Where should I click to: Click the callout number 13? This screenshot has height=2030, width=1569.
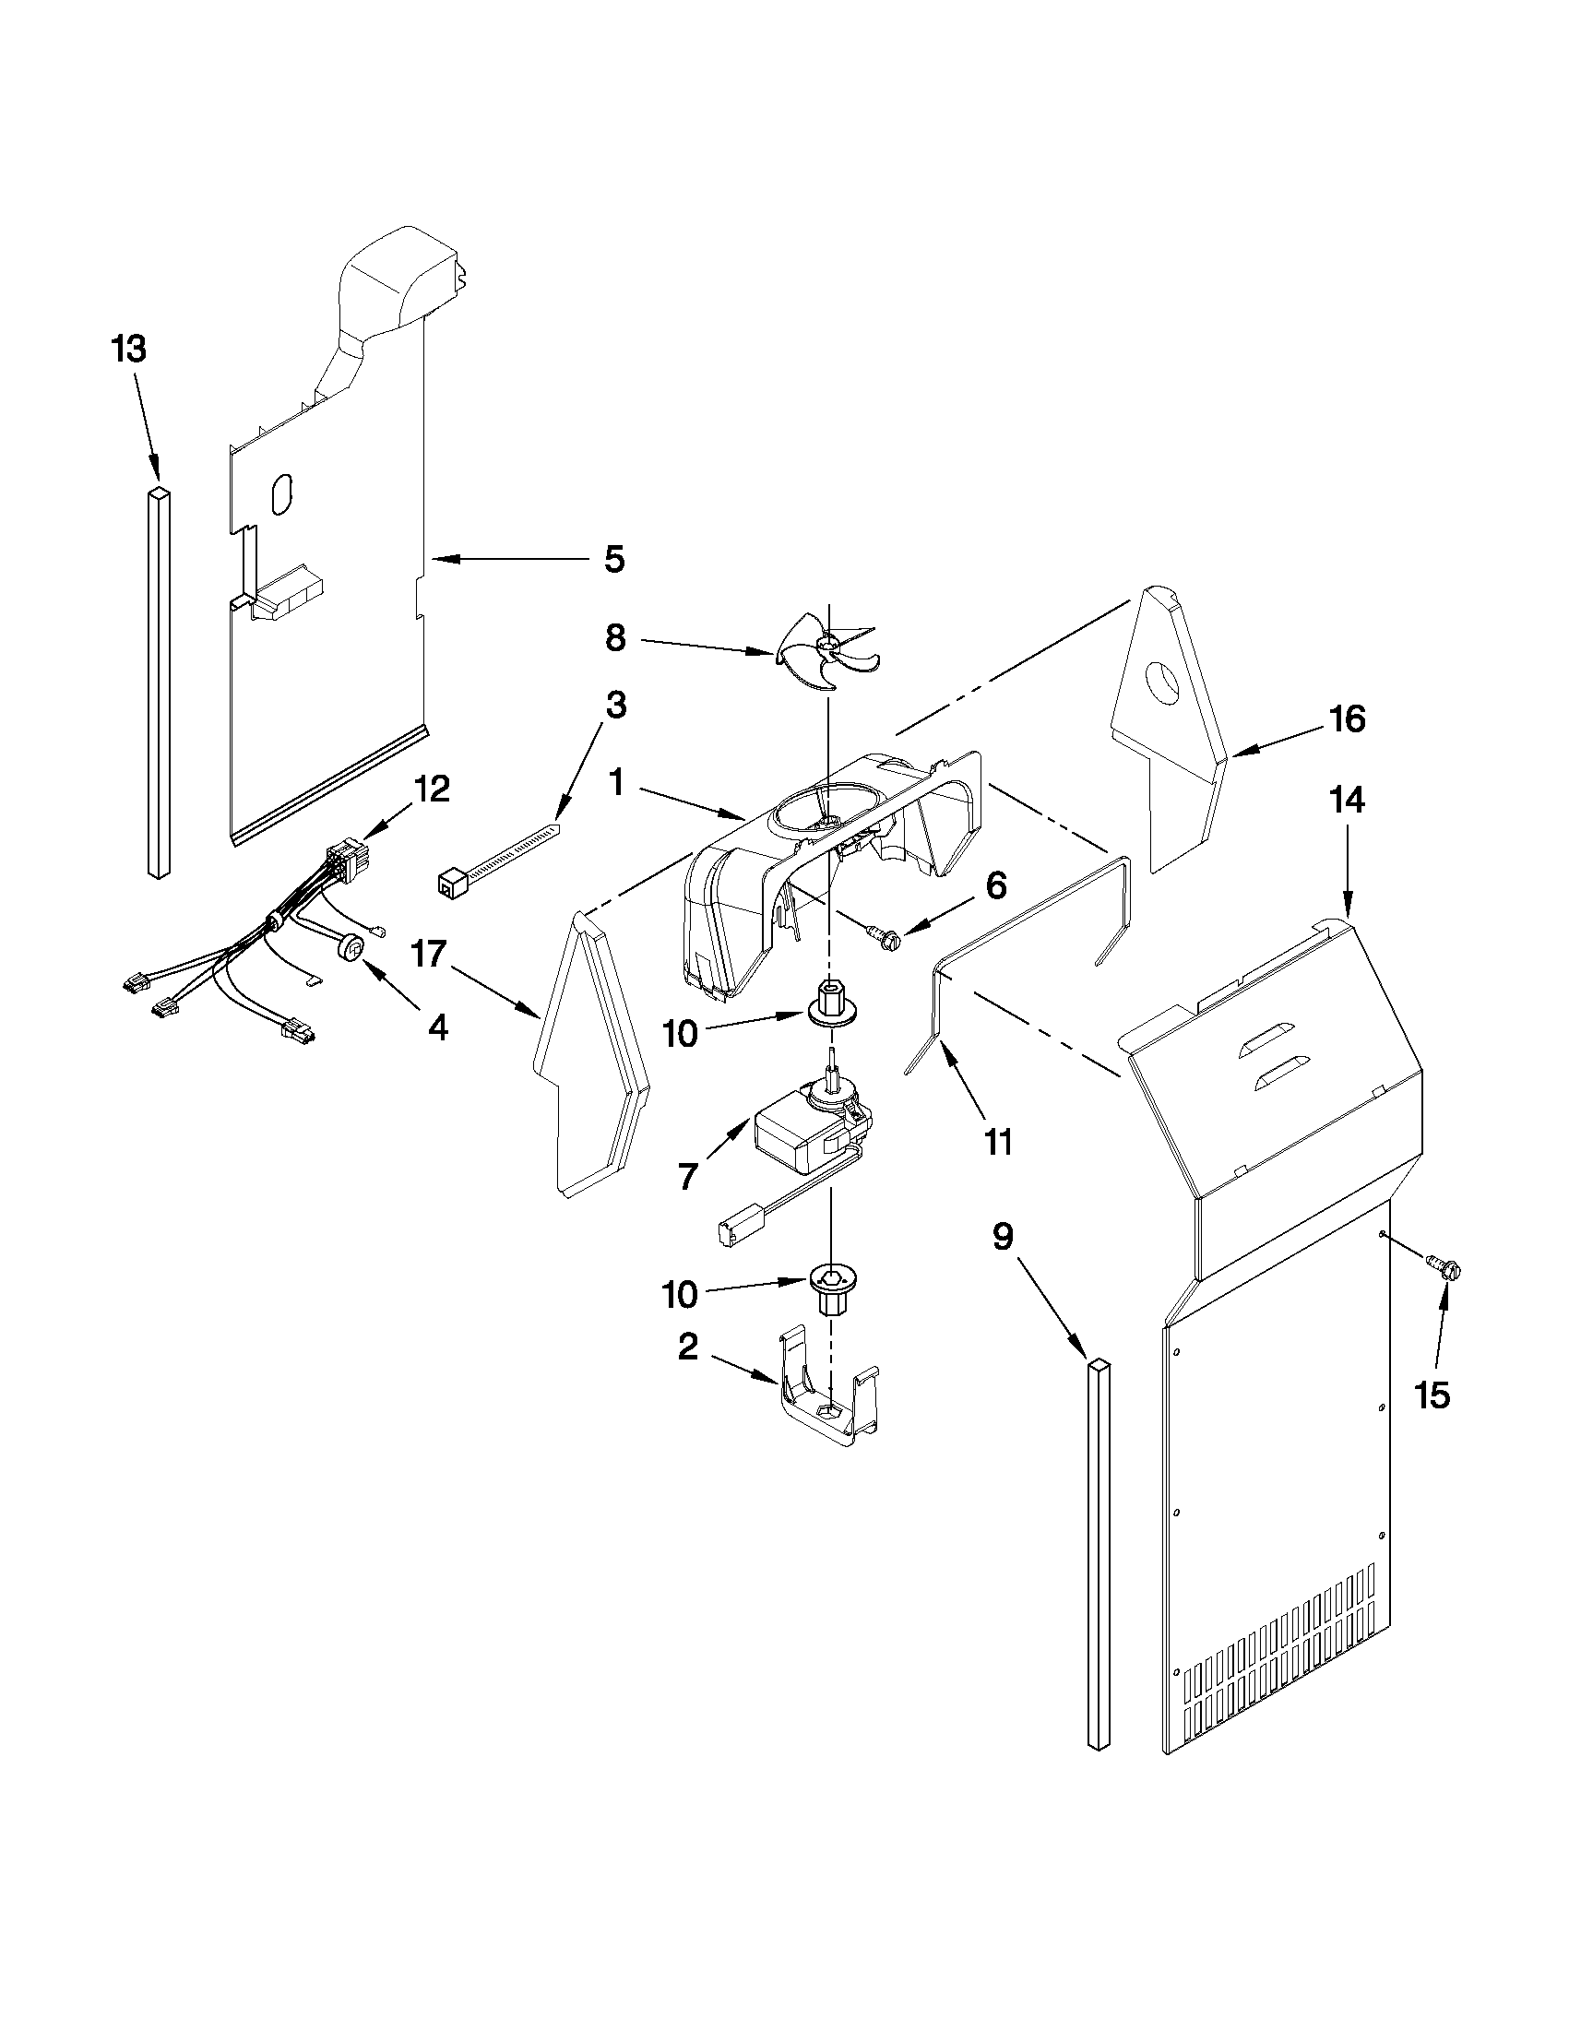[128, 350]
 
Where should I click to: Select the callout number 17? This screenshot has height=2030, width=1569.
[430, 955]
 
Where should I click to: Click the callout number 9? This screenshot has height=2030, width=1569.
[1002, 1237]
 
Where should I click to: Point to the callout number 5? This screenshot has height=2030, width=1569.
[613, 559]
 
